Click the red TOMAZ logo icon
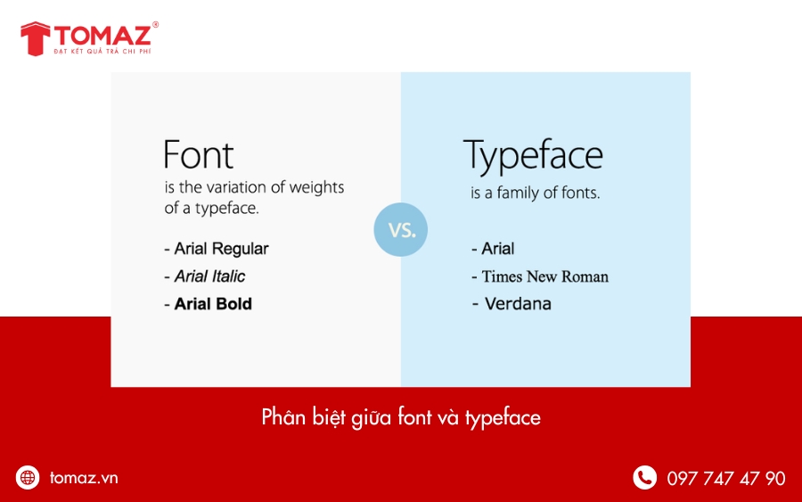coord(35,38)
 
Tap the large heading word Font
coord(198,155)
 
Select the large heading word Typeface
coord(533,156)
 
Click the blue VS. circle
coord(400,229)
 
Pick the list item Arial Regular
coord(217,249)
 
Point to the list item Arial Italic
coord(205,276)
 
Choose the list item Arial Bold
coord(209,304)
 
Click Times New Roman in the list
coord(540,276)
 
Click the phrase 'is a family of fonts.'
coord(535,193)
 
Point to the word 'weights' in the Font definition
coord(316,188)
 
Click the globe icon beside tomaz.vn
coord(29,478)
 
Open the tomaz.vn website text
coord(84,478)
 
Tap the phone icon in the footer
coord(644,478)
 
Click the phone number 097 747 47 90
coord(725,479)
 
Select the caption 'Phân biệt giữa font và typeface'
coord(401,416)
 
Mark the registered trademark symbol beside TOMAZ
coord(156,25)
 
